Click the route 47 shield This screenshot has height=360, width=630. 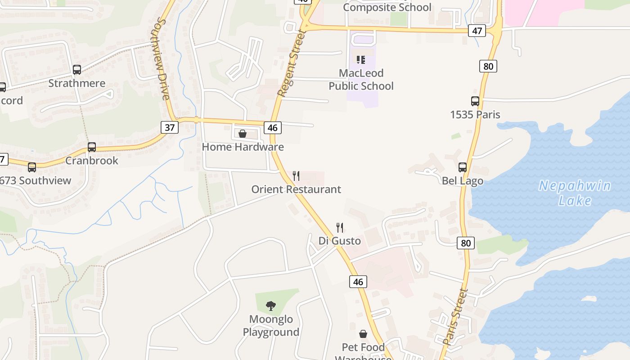tap(477, 31)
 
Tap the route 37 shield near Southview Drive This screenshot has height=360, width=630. tap(170, 127)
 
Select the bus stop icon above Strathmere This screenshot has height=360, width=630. tap(77, 70)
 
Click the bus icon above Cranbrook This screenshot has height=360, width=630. tap(92, 147)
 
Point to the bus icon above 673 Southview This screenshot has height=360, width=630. tap(31, 167)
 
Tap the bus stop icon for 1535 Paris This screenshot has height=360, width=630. tap(475, 101)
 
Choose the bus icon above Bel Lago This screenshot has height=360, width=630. tap(463, 167)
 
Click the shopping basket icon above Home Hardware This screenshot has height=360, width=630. tap(243, 134)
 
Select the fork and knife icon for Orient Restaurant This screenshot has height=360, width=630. tap(296, 175)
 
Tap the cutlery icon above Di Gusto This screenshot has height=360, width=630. tap(340, 227)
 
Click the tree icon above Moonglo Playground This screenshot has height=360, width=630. tap(271, 306)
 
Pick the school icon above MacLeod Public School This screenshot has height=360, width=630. tap(361, 60)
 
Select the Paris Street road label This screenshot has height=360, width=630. tap(455, 317)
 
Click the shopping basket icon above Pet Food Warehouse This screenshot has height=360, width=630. tap(363, 334)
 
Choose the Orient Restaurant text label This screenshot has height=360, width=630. tap(296, 189)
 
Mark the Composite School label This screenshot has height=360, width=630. tap(387, 7)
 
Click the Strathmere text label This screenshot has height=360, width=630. tap(77, 83)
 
